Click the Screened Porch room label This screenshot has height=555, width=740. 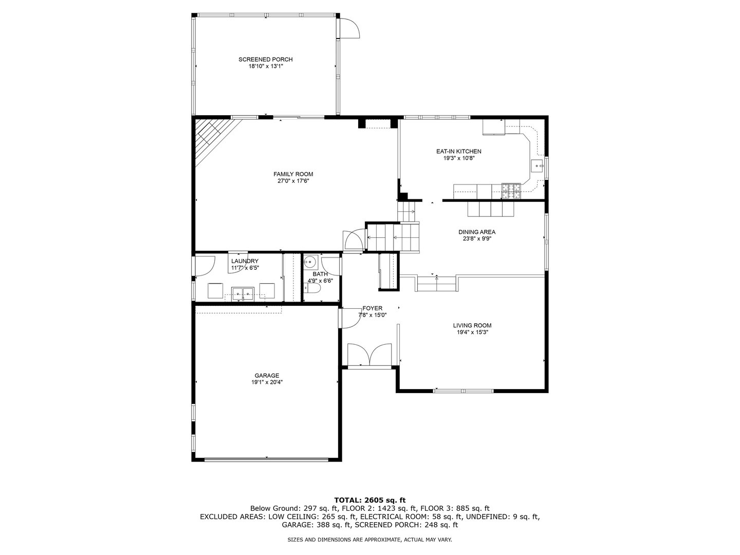click(266, 60)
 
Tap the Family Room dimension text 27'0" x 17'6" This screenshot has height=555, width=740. click(293, 181)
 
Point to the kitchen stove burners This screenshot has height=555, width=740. click(511, 191)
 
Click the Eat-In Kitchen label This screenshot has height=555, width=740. click(458, 152)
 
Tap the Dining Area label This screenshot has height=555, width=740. click(477, 232)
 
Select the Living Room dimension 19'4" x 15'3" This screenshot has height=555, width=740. click(472, 332)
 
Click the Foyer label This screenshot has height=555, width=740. click(372, 308)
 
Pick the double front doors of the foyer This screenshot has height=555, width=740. click(369, 355)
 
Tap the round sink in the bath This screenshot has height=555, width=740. click(310, 261)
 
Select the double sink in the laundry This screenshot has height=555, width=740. click(243, 293)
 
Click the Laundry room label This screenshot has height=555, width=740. click(245, 261)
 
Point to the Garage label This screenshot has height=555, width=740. click(267, 375)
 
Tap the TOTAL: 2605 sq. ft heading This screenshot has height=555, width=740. click(370, 500)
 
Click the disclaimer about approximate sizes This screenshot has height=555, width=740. click(369, 540)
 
